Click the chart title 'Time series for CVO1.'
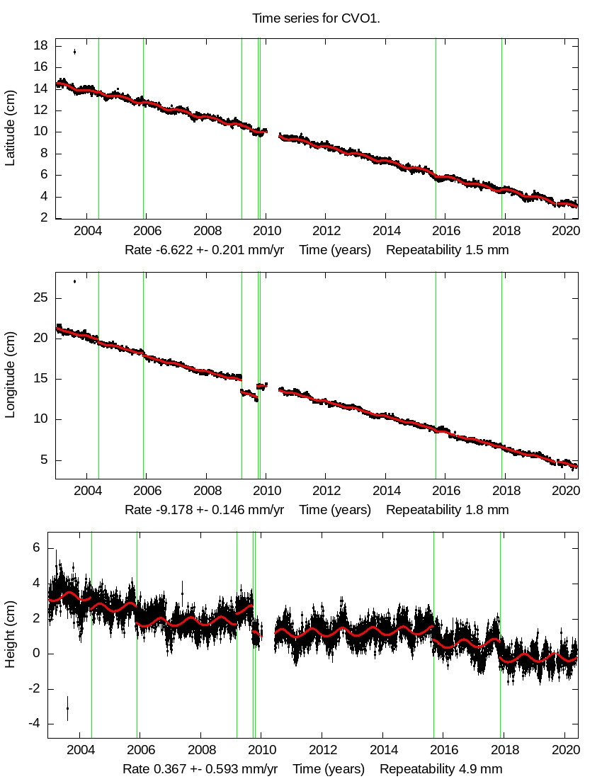point(316,18)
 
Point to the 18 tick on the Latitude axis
point(41,45)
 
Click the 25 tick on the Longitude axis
point(41,298)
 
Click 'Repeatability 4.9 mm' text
point(441,770)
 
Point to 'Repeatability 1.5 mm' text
point(447,250)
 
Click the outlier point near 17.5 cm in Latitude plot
point(74,51)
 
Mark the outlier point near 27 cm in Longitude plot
point(74,281)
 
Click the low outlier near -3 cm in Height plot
point(67,707)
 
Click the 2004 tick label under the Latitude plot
point(86,231)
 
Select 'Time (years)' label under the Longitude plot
point(334,510)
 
